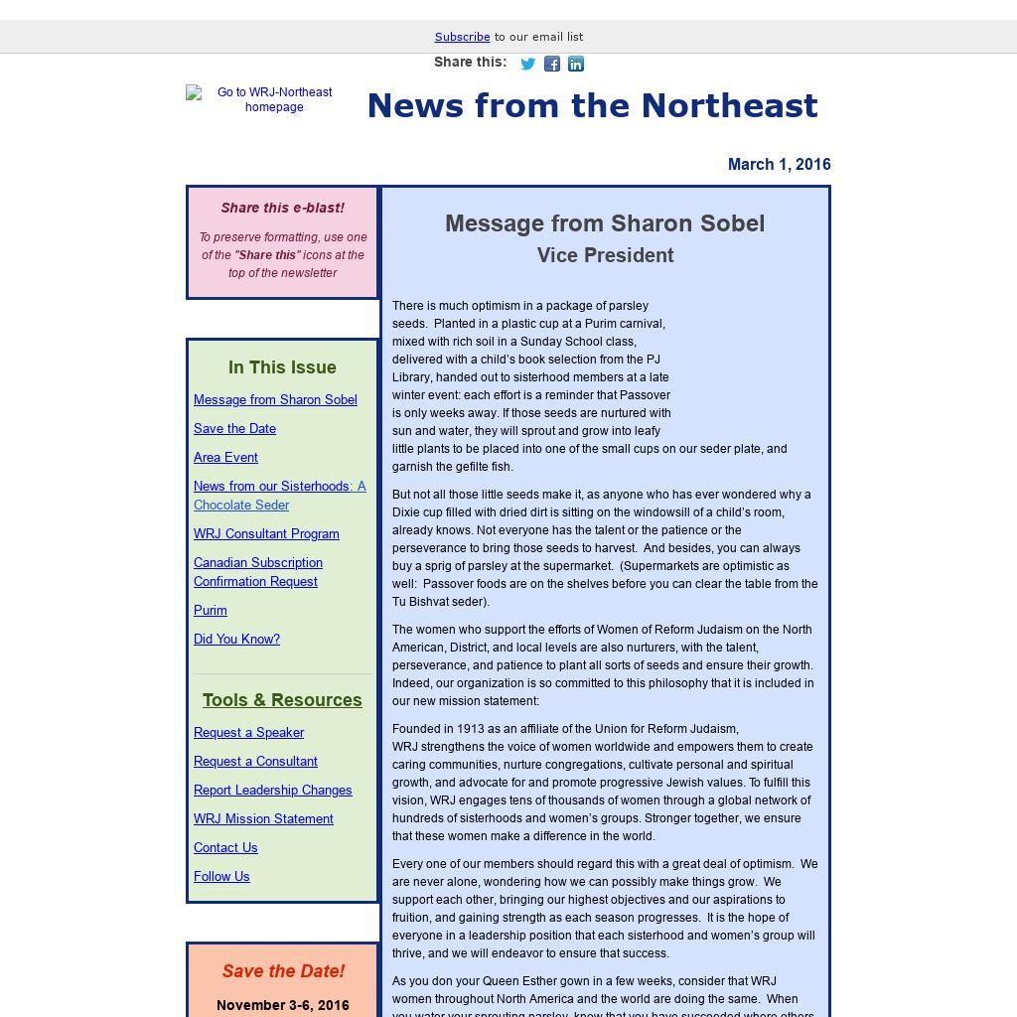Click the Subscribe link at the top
tap(462, 37)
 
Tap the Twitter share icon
tap(528, 65)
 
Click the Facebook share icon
tap(552, 65)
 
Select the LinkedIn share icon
tap(576, 65)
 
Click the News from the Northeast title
tap(592, 106)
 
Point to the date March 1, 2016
tap(779, 165)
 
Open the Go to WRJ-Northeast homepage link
tap(274, 99)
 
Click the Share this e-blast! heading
tap(282, 208)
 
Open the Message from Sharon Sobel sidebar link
tap(275, 399)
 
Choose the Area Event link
tap(225, 457)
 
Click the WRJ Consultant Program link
tap(266, 533)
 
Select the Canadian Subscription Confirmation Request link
tap(257, 572)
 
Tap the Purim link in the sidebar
tap(211, 610)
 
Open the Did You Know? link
tap(236, 639)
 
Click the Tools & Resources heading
tap(282, 700)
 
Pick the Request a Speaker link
tap(248, 732)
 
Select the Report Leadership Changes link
tap(272, 790)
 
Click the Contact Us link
tap(225, 847)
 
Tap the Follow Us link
tap(221, 876)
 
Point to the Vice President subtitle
tap(605, 255)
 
